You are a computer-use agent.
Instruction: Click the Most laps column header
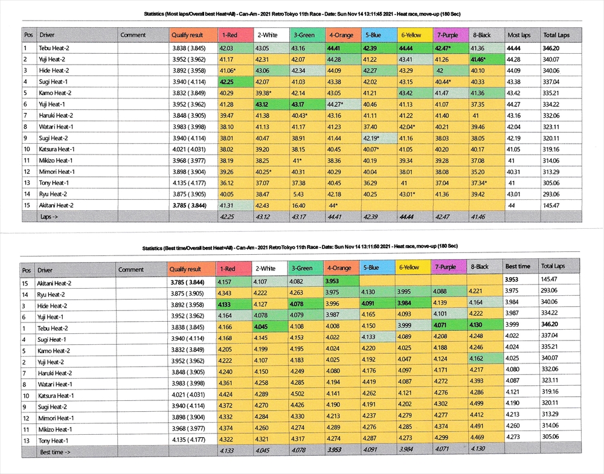click(518, 35)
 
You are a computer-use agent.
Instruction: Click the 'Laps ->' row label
click(50, 216)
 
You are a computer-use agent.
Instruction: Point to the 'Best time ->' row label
click(55, 451)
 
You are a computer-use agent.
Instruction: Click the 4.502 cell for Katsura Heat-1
click(300, 395)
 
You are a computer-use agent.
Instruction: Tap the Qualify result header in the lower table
click(185, 269)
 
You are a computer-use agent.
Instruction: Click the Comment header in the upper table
click(133, 35)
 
